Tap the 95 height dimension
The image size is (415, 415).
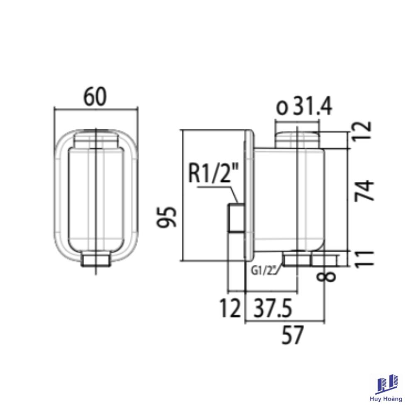166,217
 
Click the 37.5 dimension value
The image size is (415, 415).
273,308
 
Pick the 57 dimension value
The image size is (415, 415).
292,335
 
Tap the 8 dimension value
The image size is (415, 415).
327,278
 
